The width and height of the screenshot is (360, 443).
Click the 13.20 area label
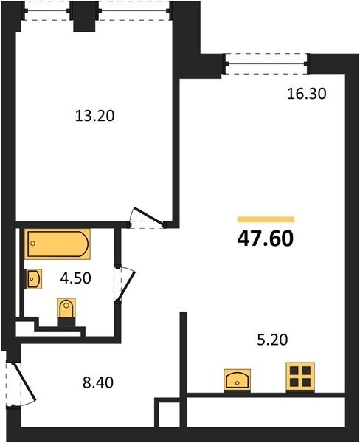point(95,116)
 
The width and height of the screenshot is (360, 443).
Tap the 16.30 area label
point(307,94)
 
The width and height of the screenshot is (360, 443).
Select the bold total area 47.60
point(266,238)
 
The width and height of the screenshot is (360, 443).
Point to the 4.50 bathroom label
point(76,278)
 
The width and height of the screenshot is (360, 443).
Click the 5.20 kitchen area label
point(272,340)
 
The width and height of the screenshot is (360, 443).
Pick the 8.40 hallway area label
point(98,382)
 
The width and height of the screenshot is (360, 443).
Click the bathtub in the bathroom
point(58,244)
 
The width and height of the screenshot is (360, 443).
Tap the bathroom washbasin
point(34,279)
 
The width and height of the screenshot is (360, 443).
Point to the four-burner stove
point(300,377)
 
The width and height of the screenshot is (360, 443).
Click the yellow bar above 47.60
point(266,219)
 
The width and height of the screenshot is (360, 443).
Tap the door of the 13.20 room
point(148,217)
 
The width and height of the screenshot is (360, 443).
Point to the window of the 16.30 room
point(267,63)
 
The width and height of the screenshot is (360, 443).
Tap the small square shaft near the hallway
point(167,412)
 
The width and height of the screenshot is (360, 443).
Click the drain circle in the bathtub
point(32,243)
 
